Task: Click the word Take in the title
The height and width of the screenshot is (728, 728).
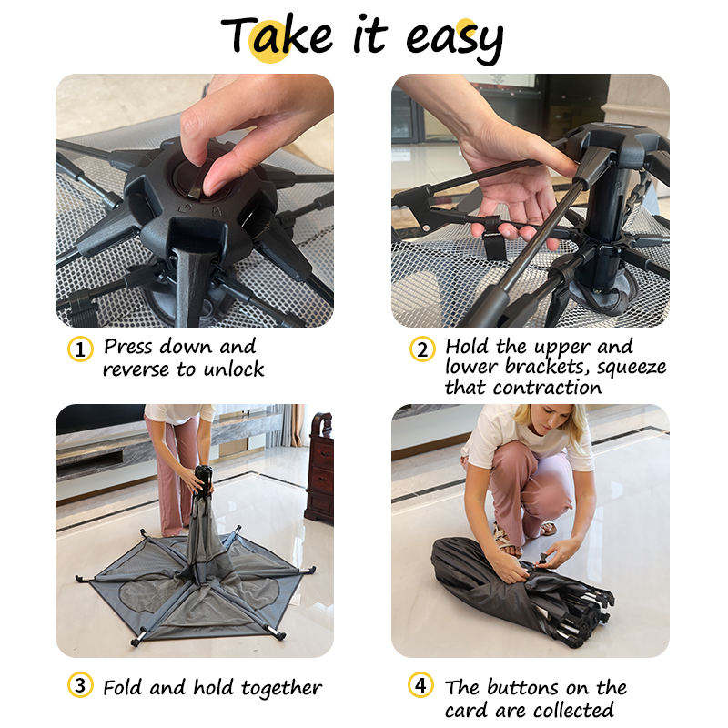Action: (x=277, y=35)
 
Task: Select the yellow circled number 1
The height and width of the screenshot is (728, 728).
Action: (x=80, y=349)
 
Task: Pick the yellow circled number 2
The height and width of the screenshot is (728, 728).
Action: (x=422, y=349)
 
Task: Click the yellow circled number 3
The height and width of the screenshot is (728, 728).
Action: (x=80, y=685)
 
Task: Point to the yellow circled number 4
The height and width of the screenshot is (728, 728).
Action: (x=420, y=685)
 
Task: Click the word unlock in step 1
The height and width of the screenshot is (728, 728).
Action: (x=234, y=369)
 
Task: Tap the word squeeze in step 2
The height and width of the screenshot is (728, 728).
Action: (x=631, y=368)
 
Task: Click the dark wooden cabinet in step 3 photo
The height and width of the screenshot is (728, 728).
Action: (x=319, y=468)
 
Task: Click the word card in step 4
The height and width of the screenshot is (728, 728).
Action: (x=467, y=711)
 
